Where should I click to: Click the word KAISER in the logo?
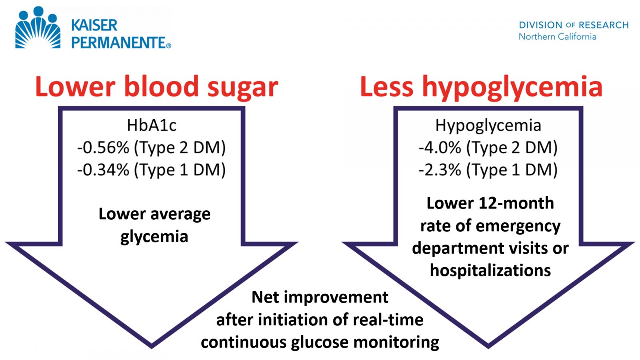pos(94,25)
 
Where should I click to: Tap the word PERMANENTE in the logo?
pos(119,43)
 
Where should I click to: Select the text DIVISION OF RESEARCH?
pos(574,25)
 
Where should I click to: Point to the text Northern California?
pos(557,37)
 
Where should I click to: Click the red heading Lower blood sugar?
pos(156,87)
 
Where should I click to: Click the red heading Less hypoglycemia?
pos(481,87)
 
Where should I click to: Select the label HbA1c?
pos(152,126)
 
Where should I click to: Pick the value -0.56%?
pos(103,148)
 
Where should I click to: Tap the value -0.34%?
pos(103,170)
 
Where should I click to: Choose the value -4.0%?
pos(440,148)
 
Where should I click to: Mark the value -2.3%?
pos(440,170)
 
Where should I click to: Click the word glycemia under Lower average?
pos(154,237)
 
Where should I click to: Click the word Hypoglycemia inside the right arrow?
pos(488,126)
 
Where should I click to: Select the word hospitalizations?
pos(490,270)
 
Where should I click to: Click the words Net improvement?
pos(320,297)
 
